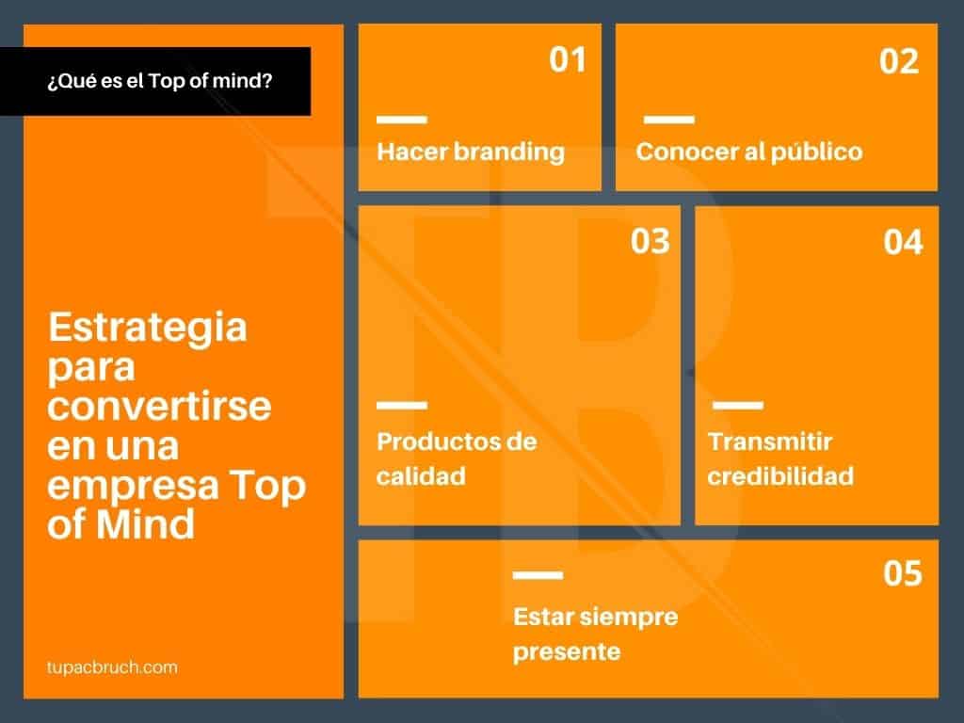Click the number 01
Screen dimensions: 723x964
[x=568, y=60]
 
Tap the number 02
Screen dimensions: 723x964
[x=899, y=62]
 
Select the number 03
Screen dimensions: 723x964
[x=651, y=242]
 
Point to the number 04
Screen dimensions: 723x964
[x=904, y=243]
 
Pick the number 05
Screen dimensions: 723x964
[x=903, y=573]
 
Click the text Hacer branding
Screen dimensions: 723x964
[x=471, y=152]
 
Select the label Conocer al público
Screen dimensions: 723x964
[x=748, y=152]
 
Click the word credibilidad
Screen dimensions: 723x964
[x=780, y=475]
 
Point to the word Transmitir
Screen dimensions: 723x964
[x=770, y=442]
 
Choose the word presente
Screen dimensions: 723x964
[x=567, y=651]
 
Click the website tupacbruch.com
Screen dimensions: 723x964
[x=111, y=667]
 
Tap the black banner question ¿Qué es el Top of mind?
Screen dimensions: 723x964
[x=160, y=82]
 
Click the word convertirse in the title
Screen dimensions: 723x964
[x=159, y=409]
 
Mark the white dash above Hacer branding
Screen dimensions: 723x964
[x=402, y=120]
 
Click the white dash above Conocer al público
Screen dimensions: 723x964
[x=668, y=120]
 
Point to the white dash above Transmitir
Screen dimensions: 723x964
[x=738, y=406]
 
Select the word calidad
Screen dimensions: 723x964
[x=421, y=475]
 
